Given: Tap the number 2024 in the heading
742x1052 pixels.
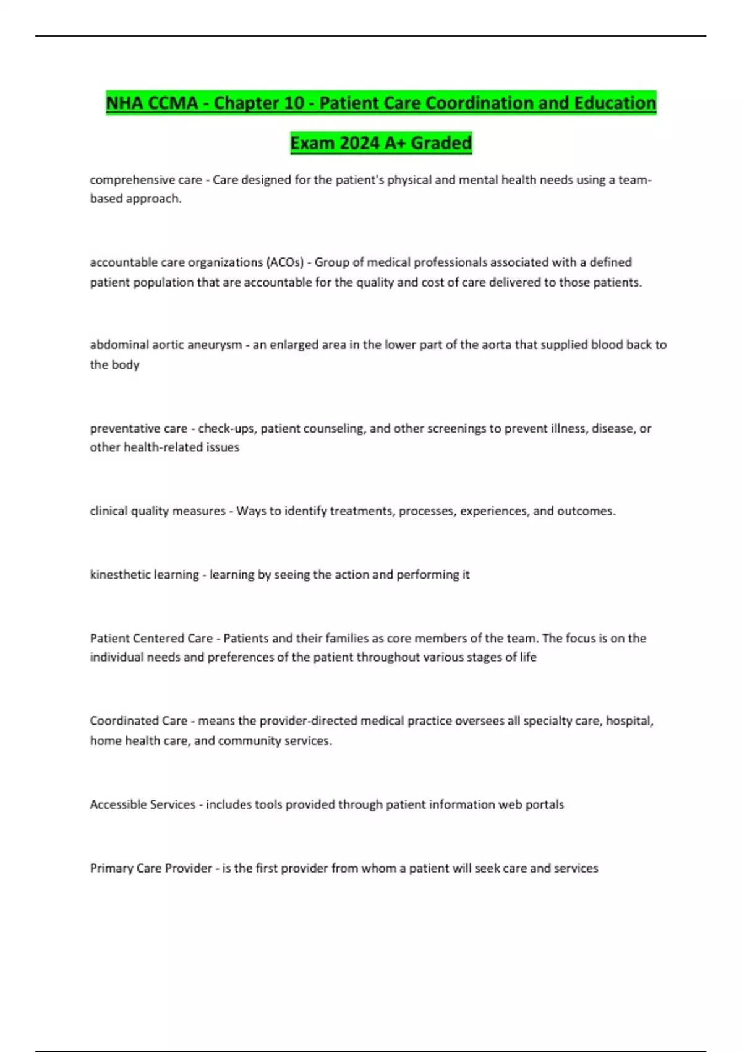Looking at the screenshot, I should (359, 143).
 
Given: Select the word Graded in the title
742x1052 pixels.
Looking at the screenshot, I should (441, 143).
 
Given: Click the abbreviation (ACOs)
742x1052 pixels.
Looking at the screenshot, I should (284, 262).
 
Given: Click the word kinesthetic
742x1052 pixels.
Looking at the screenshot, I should (119, 574).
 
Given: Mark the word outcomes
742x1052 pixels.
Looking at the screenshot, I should (586, 511).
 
